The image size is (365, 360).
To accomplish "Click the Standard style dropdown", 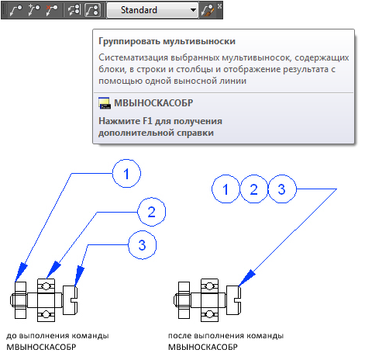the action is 153,10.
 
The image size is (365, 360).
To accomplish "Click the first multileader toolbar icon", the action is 16,10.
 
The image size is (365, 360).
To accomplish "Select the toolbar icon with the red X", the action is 52,10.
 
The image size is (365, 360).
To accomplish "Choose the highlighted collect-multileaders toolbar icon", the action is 92,10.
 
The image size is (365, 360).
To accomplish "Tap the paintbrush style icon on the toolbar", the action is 208,11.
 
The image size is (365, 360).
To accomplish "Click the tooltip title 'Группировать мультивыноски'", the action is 167,41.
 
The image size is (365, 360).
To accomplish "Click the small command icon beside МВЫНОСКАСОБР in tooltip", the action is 105,103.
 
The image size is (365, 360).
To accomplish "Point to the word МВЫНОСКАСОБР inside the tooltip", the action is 153,103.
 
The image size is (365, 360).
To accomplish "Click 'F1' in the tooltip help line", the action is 148,121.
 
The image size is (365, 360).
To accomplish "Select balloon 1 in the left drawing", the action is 126,173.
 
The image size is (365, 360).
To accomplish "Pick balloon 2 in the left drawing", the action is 152,212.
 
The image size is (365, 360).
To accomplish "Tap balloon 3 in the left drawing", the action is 143,244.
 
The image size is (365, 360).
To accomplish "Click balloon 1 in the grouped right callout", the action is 226,189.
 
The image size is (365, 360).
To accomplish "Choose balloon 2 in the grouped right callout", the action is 254,189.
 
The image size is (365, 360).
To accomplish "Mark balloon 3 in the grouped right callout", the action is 282,189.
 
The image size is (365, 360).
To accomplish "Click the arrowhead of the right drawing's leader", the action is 246,278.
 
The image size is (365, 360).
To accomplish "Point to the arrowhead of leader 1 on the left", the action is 21,272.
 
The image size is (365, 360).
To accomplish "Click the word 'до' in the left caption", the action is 12,336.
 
